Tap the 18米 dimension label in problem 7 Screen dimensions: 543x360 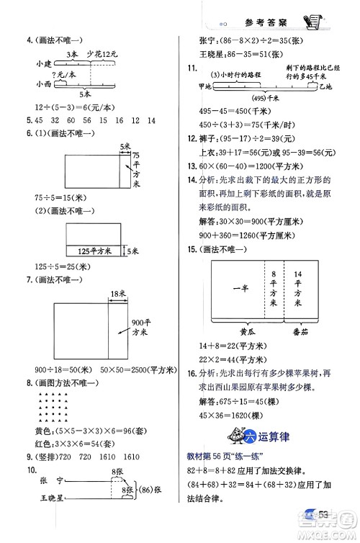[118, 292]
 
